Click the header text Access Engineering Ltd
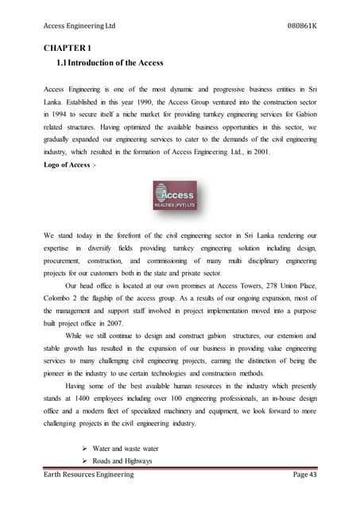[79, 25]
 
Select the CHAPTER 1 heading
[68, 47]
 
